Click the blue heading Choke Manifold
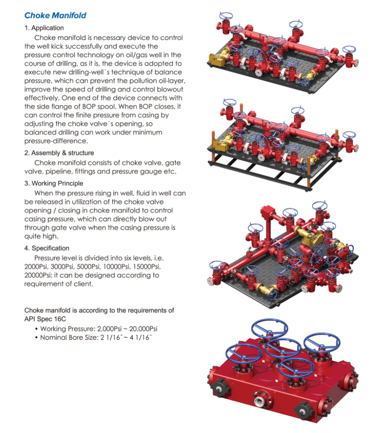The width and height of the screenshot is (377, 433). coord(55,16)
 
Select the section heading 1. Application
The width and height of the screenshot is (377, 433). coord(44,28)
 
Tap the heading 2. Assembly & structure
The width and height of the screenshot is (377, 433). coord(59,153)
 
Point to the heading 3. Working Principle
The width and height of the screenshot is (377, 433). coord(54,184)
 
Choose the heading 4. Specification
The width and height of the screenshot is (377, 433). coord(47,248)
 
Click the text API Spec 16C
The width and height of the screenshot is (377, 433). coord(45,319)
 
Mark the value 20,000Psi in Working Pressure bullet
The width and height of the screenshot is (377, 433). coord(143,329)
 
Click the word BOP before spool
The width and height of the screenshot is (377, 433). coord(89,106)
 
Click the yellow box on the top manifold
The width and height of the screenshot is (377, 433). coord(216,60)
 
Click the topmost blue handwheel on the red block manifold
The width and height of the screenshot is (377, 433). coord(269,328)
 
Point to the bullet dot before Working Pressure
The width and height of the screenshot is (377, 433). coord(36,329)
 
